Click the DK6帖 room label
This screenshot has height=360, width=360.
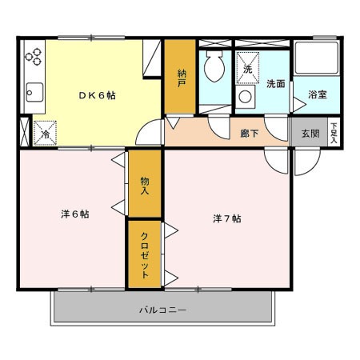click(x=98, y=95)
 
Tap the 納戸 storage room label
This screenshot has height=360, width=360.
click(x=182, y=78)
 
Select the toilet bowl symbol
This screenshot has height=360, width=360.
click(x=214, y=66)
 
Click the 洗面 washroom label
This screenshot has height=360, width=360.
click(x=276, y=84)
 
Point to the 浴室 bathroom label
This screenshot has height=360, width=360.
click(x=318, y=94)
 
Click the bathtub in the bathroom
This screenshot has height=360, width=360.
click(x=317, y=58)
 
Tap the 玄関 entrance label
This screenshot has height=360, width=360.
click(x=310, y=134)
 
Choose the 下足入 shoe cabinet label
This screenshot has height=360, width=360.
click(x=334, y=133)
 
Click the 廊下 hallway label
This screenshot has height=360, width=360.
click(x=250, y=133)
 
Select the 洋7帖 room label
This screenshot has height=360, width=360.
click(x=227, y=218)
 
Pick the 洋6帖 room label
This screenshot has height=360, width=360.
click(x=75, y=214)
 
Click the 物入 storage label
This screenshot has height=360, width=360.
click(x=145, y=186)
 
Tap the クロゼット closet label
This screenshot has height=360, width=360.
click(x=145, y=255)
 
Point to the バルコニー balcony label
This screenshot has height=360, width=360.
click(x=162, y=310)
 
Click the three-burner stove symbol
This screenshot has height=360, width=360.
click(x=34, y=57)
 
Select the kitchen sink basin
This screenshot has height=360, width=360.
click(x=34, y=92)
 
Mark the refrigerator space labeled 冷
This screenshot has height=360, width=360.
click(x=45, y=133)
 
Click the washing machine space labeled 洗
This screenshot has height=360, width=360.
click(x=248, y=68)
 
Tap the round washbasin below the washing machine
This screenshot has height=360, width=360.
click(x=246, y=97)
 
